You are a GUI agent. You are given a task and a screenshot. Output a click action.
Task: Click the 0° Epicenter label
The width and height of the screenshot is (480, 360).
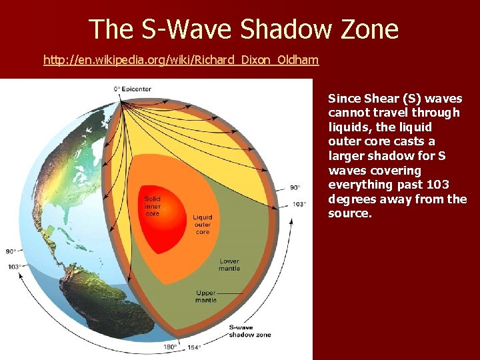click(x=132, y=89)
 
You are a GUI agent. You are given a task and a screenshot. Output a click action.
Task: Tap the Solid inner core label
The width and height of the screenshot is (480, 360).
click(x=152, y=207)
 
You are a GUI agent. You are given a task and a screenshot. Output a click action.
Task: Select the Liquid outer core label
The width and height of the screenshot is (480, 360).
click(x=203, y=225)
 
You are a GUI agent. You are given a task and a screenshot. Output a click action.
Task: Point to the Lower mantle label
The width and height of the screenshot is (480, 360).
click(x=229, y=265)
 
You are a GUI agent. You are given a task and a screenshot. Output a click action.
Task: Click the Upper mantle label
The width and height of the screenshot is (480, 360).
click(x=206, y=296)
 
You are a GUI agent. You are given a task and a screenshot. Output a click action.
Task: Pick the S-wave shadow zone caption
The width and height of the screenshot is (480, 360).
click(x=249, y=331)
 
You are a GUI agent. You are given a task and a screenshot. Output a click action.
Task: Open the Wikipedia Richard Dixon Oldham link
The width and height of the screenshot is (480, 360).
click(x=181, y=61)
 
